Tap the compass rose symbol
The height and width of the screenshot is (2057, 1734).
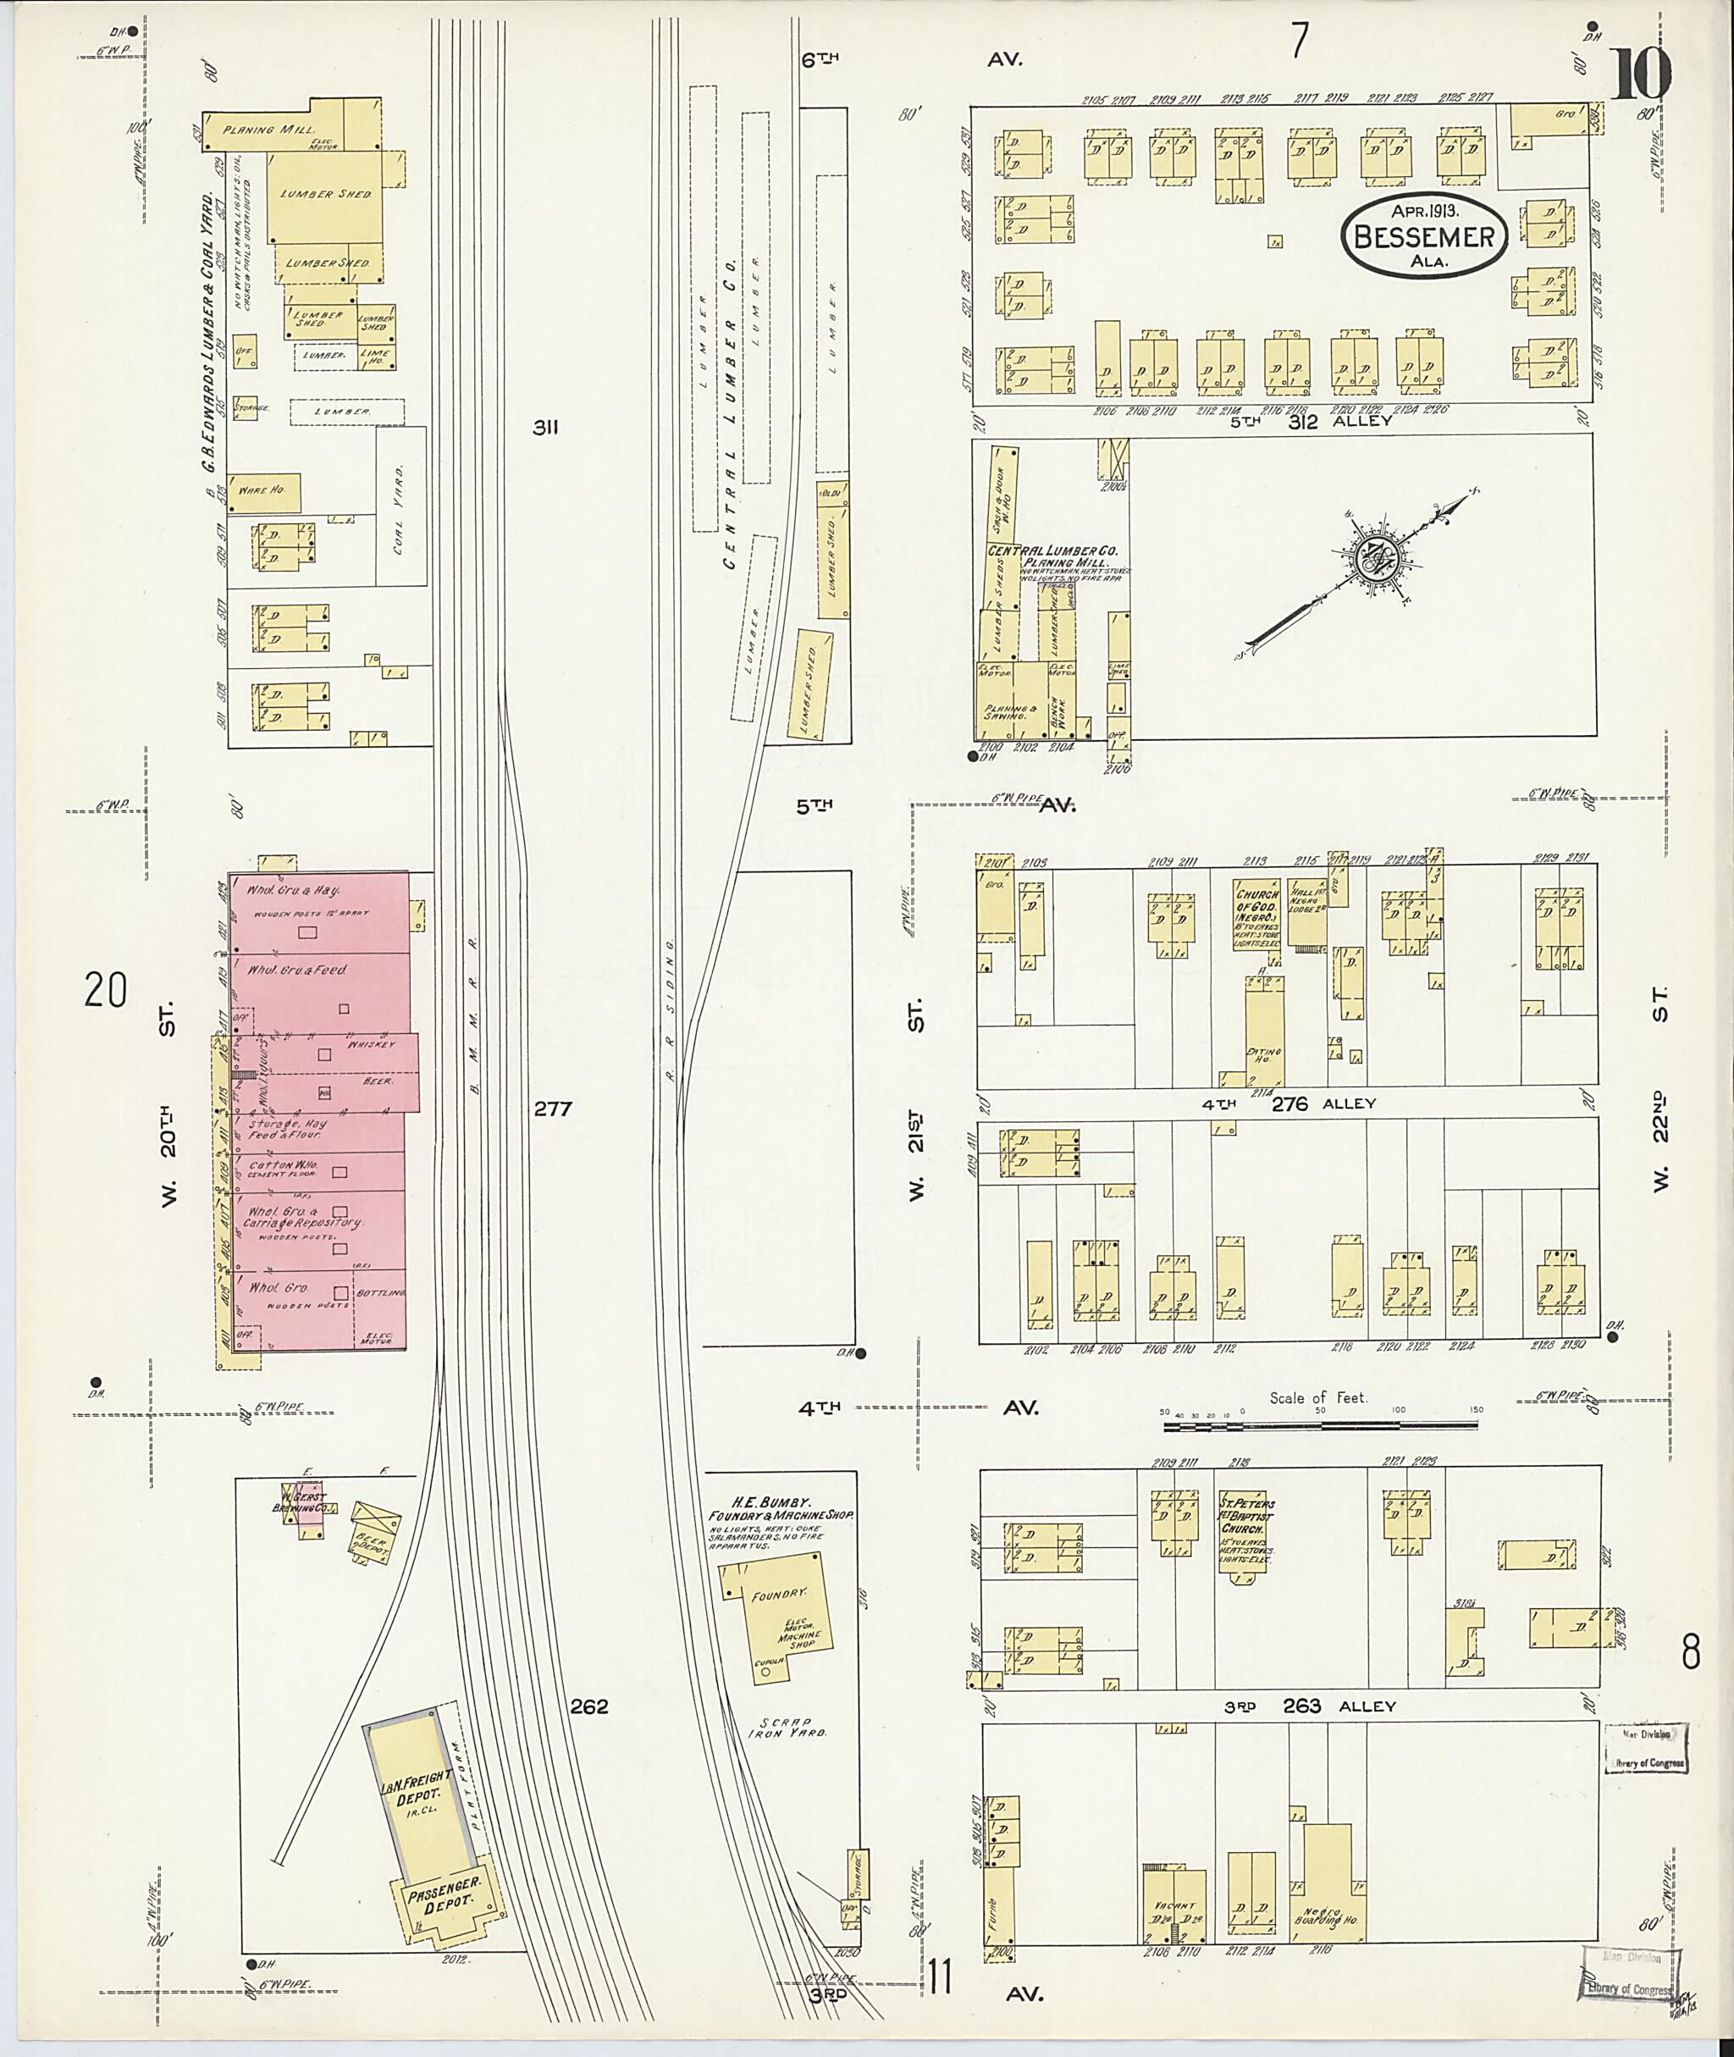pos(1370,558)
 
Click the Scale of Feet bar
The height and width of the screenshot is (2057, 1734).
pos(1320,1424)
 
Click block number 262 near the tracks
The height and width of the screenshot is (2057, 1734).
pos(588,1706)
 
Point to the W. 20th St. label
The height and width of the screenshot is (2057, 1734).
pos(167,1106)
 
